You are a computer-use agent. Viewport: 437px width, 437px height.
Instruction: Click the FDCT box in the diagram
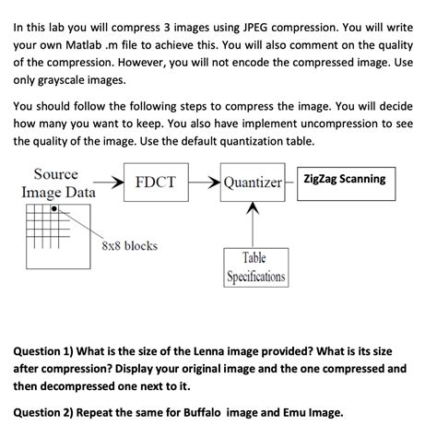(x=155, y=182)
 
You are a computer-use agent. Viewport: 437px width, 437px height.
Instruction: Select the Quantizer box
(x=252, y=183)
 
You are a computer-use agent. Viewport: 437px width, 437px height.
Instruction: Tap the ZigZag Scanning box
(x=342, y=180)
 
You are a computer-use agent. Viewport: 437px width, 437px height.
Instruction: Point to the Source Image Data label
(x=56, y=183)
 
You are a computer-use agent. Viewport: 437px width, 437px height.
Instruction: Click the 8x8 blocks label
(x=128, y=245)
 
